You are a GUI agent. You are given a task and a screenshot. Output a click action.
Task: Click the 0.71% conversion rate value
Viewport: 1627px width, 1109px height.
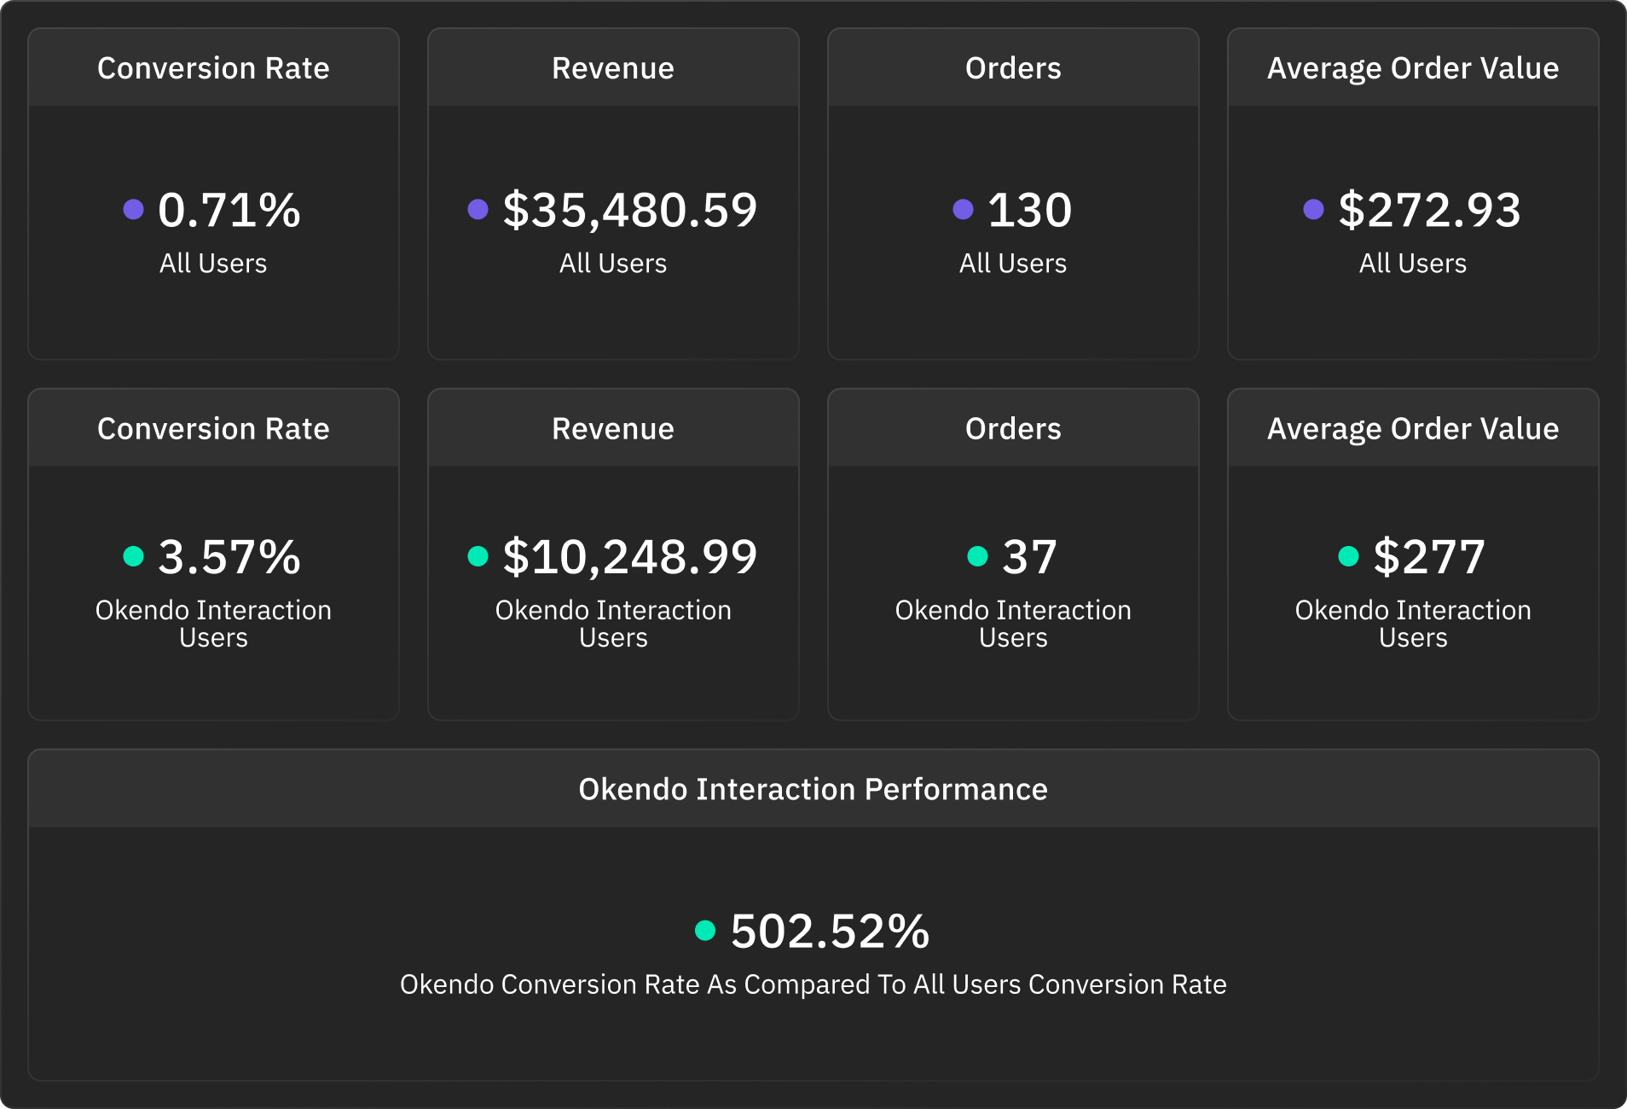click(x=229, y=210)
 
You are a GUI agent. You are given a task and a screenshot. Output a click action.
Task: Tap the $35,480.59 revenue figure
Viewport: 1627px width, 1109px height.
click(x=629, y=210)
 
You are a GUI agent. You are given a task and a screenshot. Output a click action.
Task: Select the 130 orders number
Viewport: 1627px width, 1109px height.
click(x=1029, y=210)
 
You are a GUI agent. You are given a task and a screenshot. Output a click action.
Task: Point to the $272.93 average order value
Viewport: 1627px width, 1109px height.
click(x=1429, y=210)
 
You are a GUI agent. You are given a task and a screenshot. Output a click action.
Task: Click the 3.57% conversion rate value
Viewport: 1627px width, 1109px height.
click(x=229, y=557)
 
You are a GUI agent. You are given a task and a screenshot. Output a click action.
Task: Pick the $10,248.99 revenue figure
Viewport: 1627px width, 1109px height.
click(x=629, y=557)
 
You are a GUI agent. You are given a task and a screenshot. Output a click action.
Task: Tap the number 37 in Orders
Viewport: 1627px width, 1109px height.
click(x=1029, y=557)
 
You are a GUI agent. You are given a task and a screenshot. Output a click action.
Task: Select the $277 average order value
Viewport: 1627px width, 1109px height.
click(x=1429, y=557)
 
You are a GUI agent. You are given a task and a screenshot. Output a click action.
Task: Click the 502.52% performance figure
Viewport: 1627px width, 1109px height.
click(x=830, y=931)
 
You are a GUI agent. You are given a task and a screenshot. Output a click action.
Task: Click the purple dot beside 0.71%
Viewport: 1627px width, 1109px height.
click(x=133, y=209)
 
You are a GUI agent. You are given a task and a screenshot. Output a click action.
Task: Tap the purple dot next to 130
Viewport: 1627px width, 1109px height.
click(x=963, y=209)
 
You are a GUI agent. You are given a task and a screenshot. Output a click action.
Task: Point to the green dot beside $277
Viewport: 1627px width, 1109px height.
click(x=1348, y=556)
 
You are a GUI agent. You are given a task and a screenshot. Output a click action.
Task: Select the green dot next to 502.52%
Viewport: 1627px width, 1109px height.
click(x=705, y=930)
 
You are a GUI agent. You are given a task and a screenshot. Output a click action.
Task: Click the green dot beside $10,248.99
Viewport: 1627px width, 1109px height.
click(x=478, y=556)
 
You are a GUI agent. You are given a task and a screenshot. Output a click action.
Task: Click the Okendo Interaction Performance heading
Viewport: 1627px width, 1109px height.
click(x=813, y=789)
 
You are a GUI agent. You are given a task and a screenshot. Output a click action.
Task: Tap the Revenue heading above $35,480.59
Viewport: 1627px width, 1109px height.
click(x=612, y=68)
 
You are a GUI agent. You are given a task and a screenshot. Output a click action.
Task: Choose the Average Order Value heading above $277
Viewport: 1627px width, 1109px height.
click(x=1412, y=429)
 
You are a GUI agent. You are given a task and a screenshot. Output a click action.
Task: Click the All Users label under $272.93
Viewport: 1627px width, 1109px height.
click(x=1412, y=264)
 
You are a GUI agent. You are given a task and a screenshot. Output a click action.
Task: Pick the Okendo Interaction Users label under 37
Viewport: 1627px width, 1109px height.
click(x=1012, y=624)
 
